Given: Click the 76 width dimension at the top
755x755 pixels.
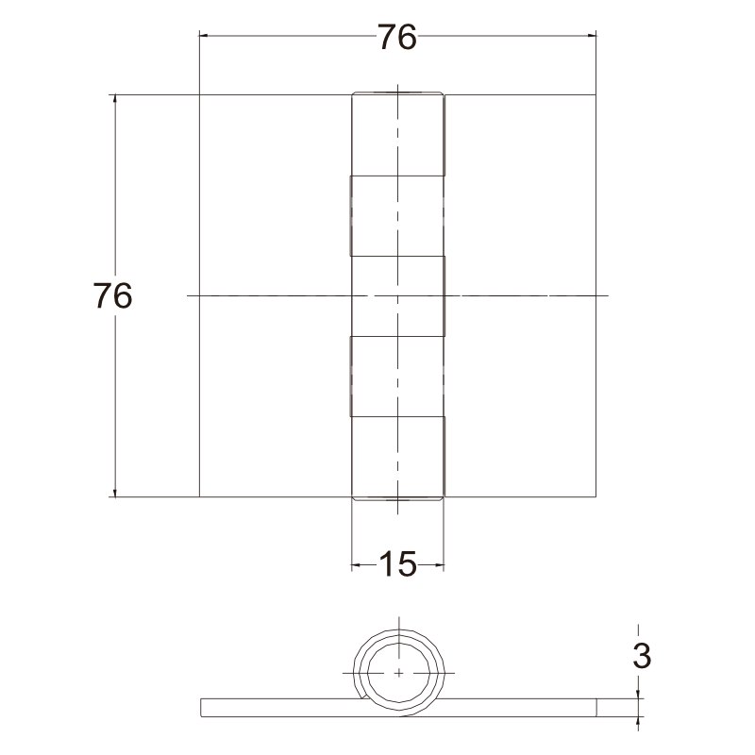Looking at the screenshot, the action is point(396,37).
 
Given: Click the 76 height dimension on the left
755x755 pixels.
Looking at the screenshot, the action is point(112,295).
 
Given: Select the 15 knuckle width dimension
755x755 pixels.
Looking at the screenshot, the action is point(397,563).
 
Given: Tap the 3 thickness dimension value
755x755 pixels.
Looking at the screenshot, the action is point(642,655).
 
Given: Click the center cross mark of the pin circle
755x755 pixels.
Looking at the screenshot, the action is point(398,673).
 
